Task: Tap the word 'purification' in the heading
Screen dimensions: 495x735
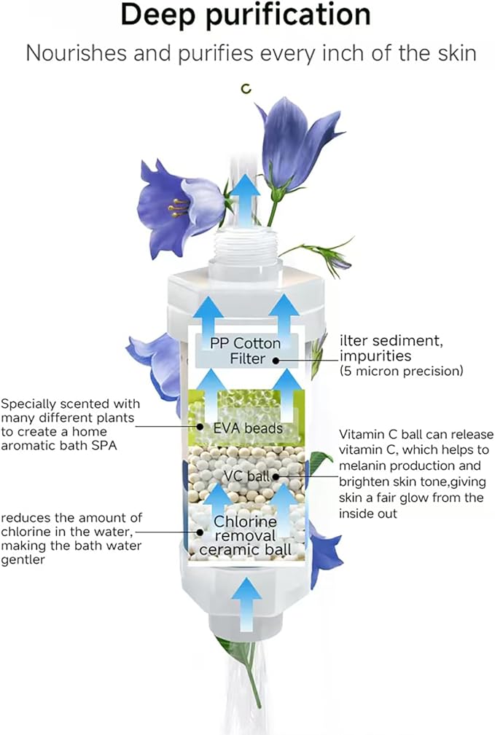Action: [289, 15]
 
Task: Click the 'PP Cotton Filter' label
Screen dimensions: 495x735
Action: [245, 350]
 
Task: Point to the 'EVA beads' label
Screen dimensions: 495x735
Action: [248, 428]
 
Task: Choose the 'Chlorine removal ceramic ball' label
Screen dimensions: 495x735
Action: [245, 535]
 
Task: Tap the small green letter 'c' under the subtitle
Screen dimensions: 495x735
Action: [246, 89]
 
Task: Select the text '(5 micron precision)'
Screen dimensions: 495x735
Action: [401, 372]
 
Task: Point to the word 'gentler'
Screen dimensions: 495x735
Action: [23, 560]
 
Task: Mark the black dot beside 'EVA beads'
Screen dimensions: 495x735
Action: [200, 427]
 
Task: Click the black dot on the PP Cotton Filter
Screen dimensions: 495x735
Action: [276, 361]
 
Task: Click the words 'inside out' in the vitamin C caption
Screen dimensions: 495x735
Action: [368, 514]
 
